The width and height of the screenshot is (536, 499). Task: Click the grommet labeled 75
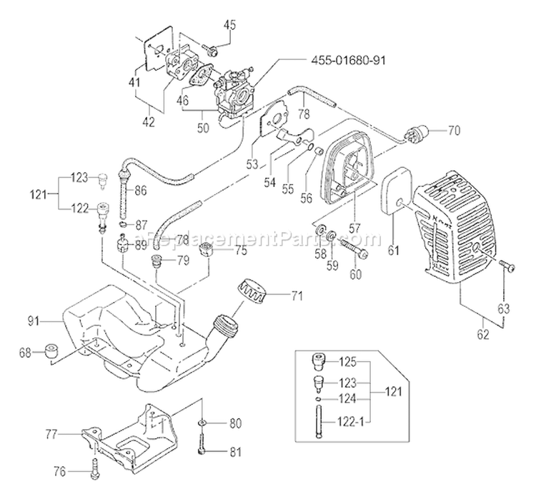(206, 250)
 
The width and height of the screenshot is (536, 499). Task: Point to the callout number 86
(160, 191)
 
